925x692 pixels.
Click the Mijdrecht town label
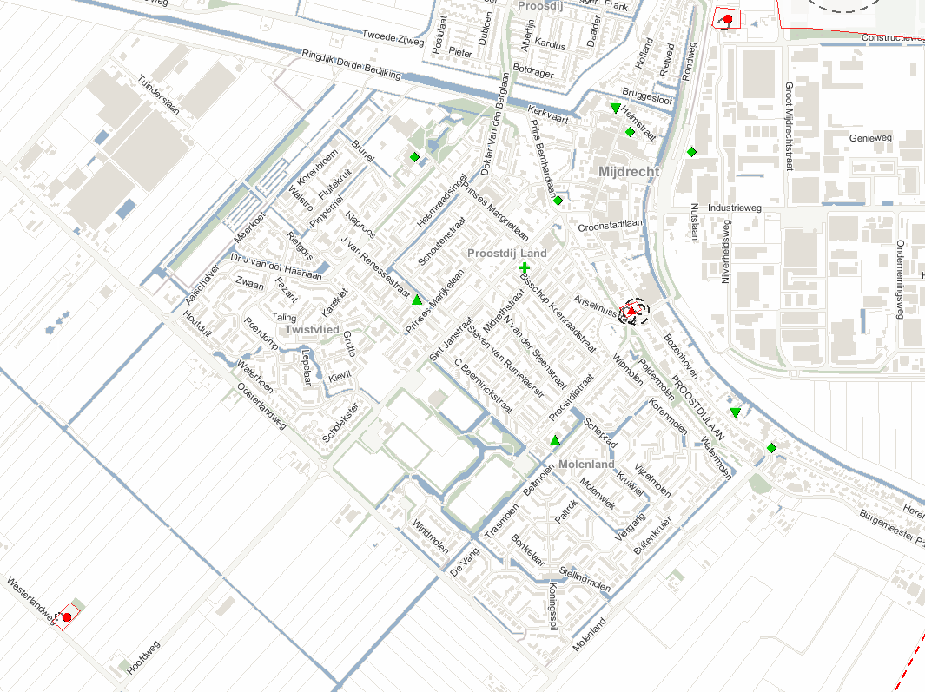(629, 172)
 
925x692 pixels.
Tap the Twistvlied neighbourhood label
(312, 330)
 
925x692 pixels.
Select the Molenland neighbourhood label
(586, 465)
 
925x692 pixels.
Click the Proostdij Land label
(507, 253)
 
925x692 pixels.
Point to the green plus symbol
(525, 267)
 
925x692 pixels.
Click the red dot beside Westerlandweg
(67, 616)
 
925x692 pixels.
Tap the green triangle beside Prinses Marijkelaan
(417, 300)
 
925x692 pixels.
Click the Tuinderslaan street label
(158, 95)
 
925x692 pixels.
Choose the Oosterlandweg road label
(261, 405)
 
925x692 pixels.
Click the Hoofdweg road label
(143, 658)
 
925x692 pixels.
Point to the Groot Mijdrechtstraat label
(789, 126)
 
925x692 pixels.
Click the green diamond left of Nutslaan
(692, 152)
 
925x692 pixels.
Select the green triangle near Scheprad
(555, 441)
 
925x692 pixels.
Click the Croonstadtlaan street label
(609, 227)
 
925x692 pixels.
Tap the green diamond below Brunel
(414, 157)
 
